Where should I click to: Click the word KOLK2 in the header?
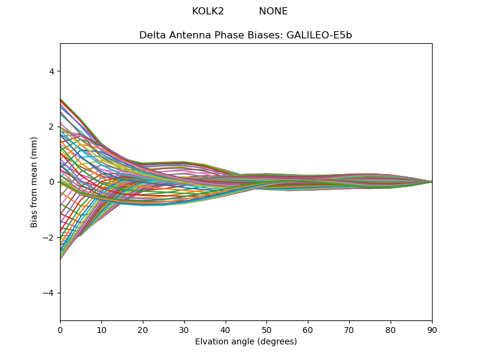coord(208,11)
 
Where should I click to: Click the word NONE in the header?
coord(273,11)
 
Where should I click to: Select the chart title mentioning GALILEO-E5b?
coord(245,35)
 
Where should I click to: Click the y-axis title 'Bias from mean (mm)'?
coord(34,181)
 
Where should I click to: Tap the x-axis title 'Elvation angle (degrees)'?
coord(245,342)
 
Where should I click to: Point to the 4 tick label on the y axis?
coord(52,71)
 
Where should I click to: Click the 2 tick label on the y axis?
coord(52,127)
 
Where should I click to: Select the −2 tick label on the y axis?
coord(49,237)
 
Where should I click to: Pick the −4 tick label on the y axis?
coord(49,293)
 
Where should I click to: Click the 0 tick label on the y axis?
coord(52,182)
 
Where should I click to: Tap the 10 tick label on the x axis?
coord(101,329)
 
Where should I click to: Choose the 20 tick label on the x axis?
coord(143,329)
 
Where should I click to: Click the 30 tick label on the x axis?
coord(184,329)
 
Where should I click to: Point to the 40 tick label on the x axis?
coord(226,329)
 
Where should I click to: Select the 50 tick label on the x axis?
coord(266,329)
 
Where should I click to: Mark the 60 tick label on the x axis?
coord(308,329)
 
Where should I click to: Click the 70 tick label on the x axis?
coord(349,329)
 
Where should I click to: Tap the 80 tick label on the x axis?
coord(391,329)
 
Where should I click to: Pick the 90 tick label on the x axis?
coord(432,329)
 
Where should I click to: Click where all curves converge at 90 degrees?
coord(431,182)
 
